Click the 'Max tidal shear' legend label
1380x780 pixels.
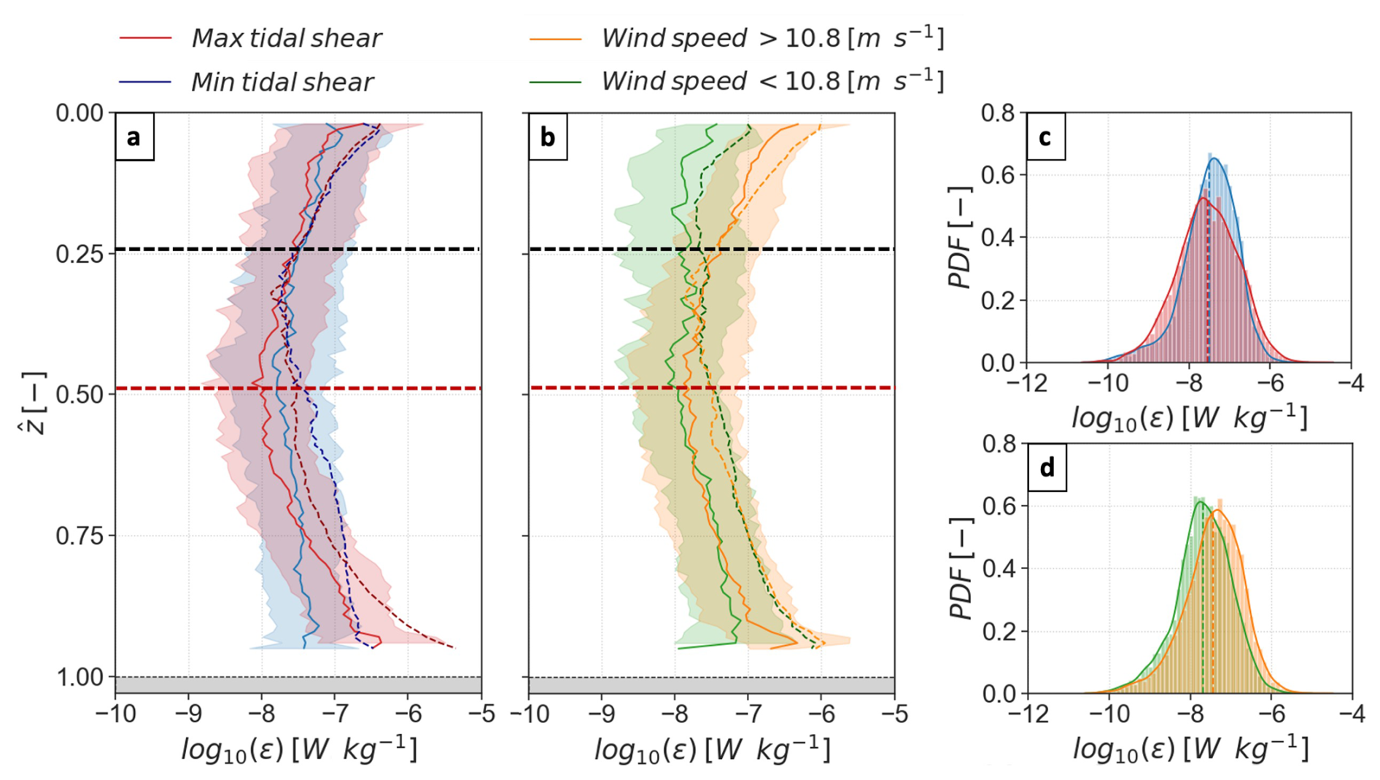coord(286,39)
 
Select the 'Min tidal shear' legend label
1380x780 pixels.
coord(282,82)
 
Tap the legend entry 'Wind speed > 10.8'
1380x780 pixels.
coord(772,38)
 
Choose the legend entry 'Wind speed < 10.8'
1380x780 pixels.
coord(772,81)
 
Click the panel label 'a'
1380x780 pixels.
coord(133,137)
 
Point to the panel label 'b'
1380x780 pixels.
coord(547,137)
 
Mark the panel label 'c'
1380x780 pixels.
coord(1045,137)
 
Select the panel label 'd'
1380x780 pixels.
coord(1047,468)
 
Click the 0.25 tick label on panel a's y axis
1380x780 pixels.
coord(80,254)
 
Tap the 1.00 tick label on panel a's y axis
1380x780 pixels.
coord(80,678)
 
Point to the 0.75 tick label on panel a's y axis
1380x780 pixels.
coord(80,536)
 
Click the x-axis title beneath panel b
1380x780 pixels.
coord(712,750)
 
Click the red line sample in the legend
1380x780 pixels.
coord(145,38)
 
